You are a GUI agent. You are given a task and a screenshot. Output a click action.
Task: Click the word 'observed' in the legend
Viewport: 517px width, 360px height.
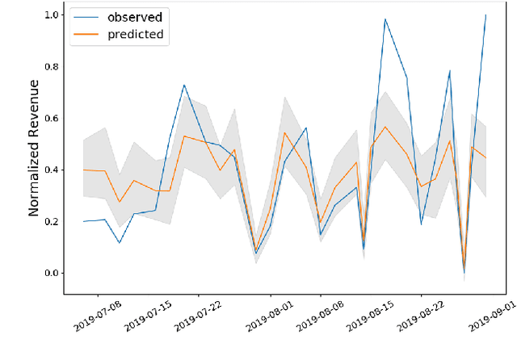135,16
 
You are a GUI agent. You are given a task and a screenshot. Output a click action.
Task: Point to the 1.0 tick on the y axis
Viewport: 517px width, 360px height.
52,15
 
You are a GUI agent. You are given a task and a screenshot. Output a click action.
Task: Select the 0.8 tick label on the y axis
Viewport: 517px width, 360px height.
52,66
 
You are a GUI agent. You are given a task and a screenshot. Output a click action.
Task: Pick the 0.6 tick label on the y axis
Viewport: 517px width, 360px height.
52,118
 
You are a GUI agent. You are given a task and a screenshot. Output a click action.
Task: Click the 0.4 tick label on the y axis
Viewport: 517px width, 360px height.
52,170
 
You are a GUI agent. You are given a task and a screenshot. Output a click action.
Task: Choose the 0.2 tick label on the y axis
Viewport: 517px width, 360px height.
52,221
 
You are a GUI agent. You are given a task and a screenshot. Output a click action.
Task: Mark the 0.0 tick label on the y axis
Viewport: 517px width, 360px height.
52,273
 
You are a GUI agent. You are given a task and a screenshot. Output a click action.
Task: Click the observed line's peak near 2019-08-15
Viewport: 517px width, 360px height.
385,19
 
